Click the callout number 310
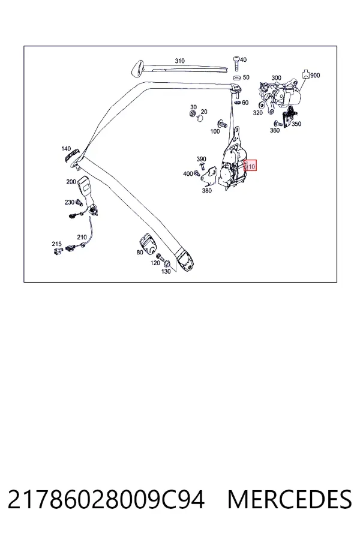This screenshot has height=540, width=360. (x=179, y=61)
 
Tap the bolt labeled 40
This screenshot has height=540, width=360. (x=236, y=62)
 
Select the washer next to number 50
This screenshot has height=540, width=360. (x=236, y=77)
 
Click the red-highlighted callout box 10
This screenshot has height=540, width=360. (x=250, y=167)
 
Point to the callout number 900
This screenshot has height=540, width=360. (x=315, y=75)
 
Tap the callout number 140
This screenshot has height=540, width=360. (x=66, y=149)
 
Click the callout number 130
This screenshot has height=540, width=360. (x=166, y=271)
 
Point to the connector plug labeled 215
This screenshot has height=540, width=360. (x=57, y=251)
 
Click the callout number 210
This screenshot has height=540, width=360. (x=82, y=237)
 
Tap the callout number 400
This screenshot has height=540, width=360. (x=188, y=174)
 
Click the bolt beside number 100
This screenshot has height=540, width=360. (x=221, y=123)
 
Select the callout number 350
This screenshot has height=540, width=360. (x=296, y=124)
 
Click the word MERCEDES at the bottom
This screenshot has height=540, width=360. (x=290, y=500)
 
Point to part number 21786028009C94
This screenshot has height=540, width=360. (x=106, y=500)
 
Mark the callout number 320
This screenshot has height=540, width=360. (x=257, y=113)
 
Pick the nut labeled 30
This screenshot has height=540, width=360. (x=192, y=113)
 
